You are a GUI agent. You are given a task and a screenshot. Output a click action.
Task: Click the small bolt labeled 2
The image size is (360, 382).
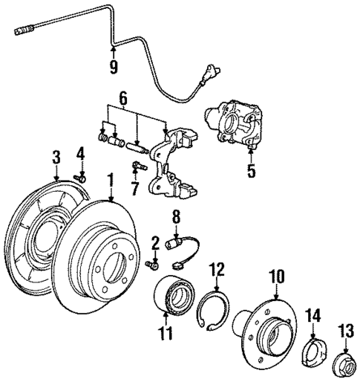coord(152,265)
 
